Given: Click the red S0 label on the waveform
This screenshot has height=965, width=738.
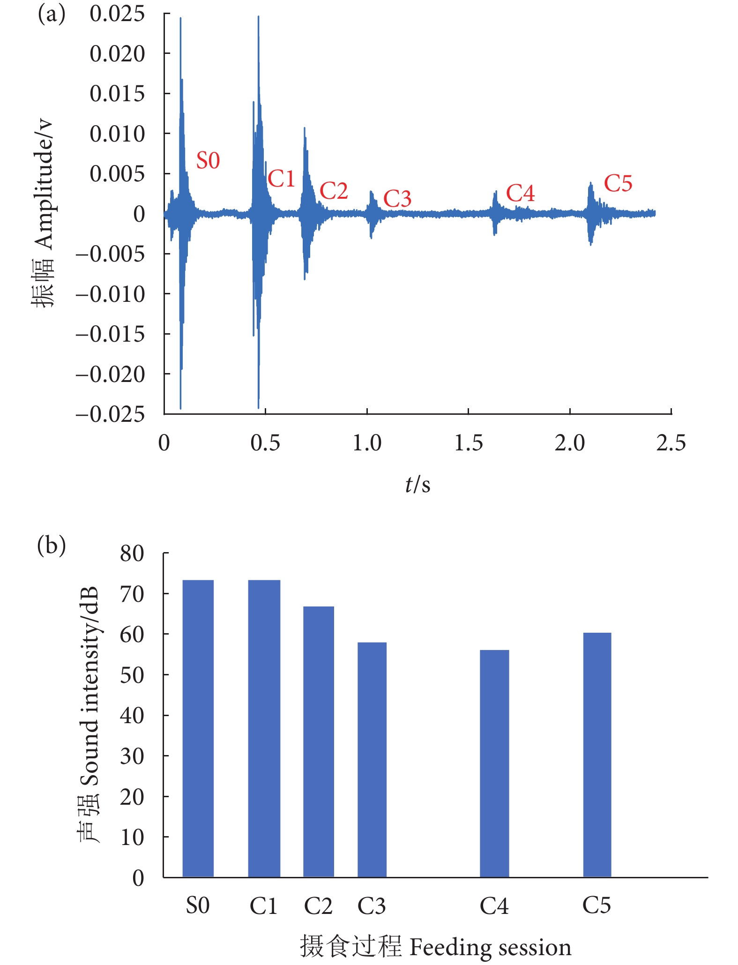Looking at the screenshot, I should tap(208, 161).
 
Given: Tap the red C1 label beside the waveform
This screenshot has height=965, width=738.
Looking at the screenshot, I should tap(281, 179).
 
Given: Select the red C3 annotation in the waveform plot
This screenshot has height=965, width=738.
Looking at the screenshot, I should tap(397, 199).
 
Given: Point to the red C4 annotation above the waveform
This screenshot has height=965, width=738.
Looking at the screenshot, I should tap(520, 193).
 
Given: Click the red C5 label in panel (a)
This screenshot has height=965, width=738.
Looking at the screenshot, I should tap(618, 183).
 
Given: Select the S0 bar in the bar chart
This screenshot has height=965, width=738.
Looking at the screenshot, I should tap(198, 728).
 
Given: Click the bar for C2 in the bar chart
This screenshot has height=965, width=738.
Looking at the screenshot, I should tap(319, 741).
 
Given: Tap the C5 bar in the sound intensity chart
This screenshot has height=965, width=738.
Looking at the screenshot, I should tap(597, 755).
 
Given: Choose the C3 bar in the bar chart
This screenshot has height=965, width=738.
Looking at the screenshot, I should tap(372, 759).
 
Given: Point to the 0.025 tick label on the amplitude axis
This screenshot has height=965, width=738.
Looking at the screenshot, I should tap(117, 14).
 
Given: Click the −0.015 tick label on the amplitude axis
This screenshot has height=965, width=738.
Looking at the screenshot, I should tap(111, 335).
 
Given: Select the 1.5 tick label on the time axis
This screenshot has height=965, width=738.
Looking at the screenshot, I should tap(468, 443).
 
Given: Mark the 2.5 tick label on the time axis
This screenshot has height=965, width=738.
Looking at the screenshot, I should tap(671, 443).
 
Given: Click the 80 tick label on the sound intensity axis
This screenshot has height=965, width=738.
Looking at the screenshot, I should tap(132, 554).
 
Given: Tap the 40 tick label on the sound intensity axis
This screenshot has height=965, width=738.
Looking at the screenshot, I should tap(132, 716).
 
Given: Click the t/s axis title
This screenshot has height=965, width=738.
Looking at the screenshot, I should tap(417, 485).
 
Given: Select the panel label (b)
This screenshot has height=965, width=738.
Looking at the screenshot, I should tap(51, 546).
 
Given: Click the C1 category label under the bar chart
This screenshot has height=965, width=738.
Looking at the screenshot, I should tap(264, 906).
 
